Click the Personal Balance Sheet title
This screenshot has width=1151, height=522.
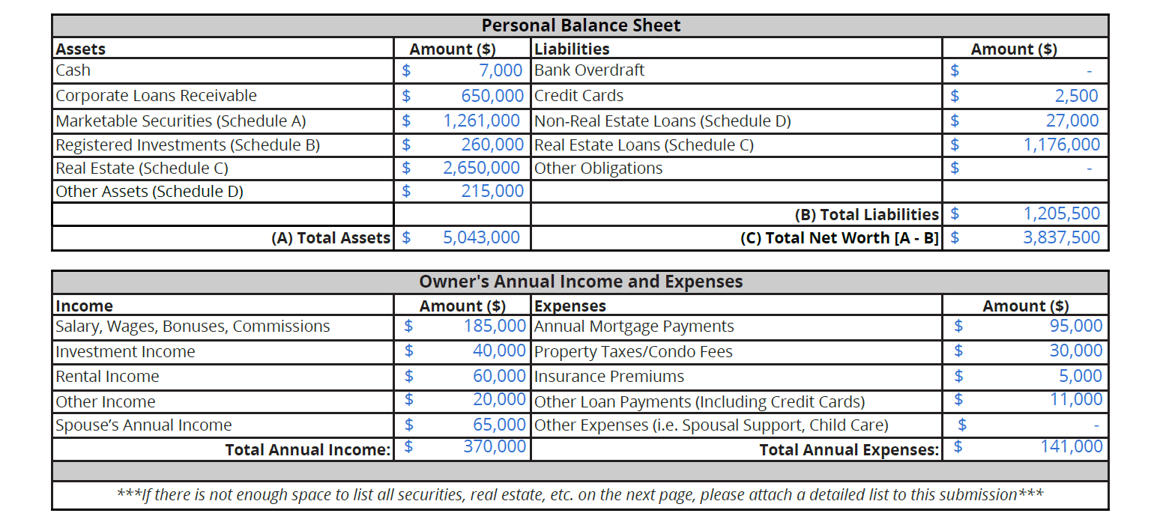(581, 25)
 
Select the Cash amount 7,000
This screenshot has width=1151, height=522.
(501, 70)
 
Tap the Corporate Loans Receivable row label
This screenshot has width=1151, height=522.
(156, 96)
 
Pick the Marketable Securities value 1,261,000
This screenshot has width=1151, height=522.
(481, 121)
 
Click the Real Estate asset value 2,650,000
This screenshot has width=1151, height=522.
(481, 168)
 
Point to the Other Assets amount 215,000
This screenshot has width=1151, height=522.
(492, 191)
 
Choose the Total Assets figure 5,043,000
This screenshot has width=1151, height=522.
(481, 237)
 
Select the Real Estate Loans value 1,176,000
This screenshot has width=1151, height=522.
(1062, 145)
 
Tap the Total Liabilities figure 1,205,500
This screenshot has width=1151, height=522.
(1062, 213)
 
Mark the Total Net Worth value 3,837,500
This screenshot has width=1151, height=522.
(1062, 237)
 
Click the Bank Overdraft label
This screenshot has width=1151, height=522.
(589, 70)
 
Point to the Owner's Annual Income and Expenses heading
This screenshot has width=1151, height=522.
(581, 282)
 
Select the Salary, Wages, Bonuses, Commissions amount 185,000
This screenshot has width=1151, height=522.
(495, 326)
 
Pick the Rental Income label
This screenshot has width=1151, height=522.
(107, 376)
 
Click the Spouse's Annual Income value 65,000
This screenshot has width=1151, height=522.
(499, 425)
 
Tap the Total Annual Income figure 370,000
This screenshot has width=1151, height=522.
(495, 447)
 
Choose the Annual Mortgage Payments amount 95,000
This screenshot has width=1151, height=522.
(1076, 326)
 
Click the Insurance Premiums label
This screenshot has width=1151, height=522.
(608, 376)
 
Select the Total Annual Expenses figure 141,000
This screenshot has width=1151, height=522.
(1072, 447)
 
